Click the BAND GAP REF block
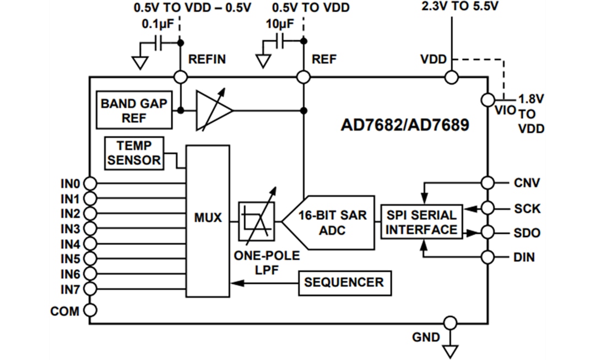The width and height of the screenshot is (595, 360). point(133,110)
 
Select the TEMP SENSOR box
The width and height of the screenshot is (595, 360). point(134,153)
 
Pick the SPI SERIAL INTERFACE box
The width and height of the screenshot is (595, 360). point(421,222)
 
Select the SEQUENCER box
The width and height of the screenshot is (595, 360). point(344,283)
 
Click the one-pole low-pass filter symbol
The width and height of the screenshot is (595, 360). point(256,222)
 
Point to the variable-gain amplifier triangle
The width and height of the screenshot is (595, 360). point(213,110)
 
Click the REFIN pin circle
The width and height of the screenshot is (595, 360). point(180,77)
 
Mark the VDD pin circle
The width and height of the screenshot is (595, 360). point(451,77)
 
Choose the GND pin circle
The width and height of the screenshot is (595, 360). point(450,323)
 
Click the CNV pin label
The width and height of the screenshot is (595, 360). point(527,183)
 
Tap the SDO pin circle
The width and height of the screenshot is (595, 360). point(488,233)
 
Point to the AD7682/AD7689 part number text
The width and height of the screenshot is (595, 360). point(405,126)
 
